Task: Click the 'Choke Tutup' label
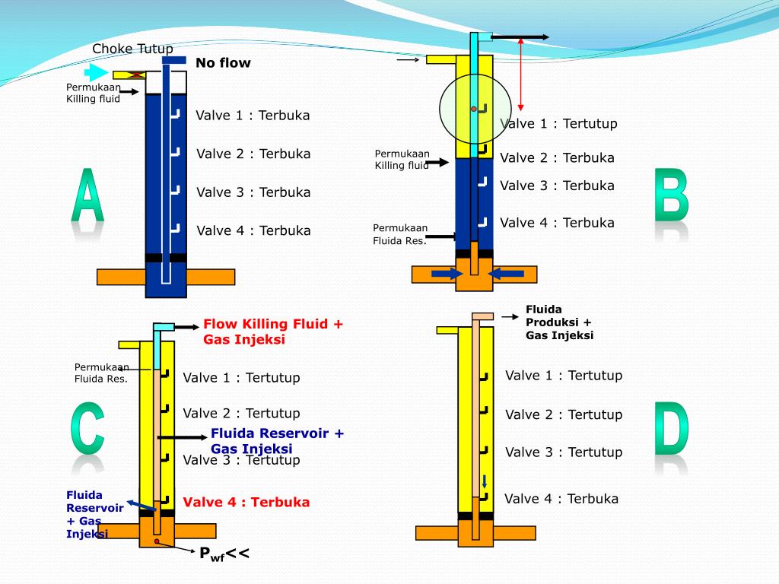click(x=132, y=49)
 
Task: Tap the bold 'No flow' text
click(x=223, y=63)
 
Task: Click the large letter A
click(x=87, y=196)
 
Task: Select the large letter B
click(x=672, y=196)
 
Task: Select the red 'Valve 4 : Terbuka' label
click(x=246, y=503)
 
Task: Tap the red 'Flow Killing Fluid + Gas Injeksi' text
click(x=273, y=332)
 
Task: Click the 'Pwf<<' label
click(x=224, y=554)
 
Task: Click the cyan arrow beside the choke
click(x=97, y=73)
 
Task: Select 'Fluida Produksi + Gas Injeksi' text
click(x=559, y=322)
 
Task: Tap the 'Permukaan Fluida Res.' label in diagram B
click(x=400, y=234)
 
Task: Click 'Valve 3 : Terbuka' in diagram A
click(x=253, y=192)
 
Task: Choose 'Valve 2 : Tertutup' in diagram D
click(x=564, y=415)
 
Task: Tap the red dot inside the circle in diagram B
click(x=473, y=109)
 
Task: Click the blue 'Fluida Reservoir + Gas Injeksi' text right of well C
click(x=278, y=441)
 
